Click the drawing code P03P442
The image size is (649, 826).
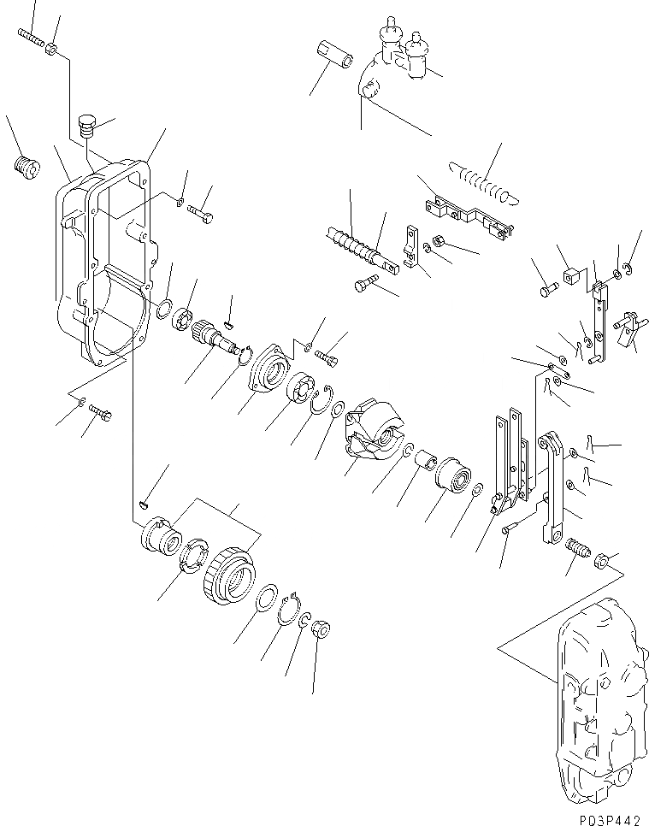point(603,819)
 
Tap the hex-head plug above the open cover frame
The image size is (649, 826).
point(85,127)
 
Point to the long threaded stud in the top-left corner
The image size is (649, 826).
point(31,37)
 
